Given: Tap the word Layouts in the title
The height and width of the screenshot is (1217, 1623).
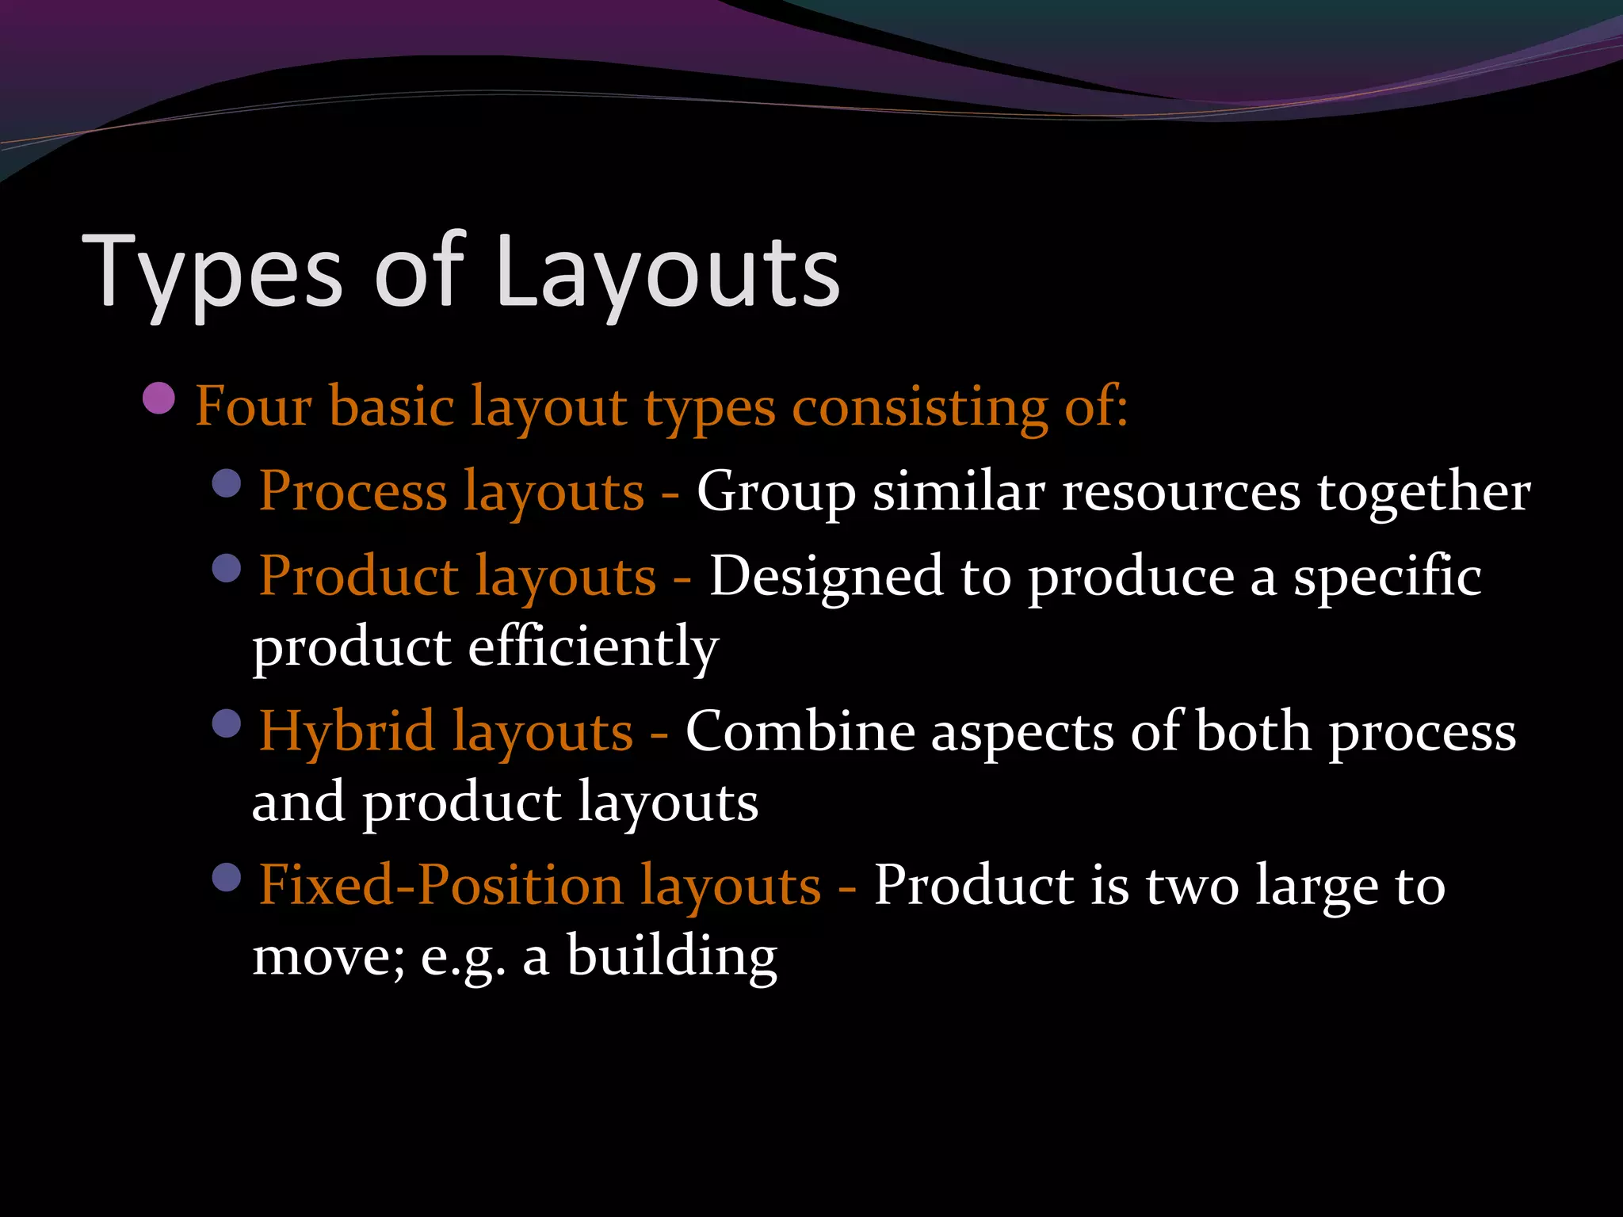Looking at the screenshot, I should coord(667,274).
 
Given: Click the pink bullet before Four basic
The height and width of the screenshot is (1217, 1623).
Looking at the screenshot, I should coord(159,399).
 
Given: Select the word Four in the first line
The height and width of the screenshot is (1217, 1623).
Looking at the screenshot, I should coord(254,406).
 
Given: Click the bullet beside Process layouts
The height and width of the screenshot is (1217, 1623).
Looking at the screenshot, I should coord(227,483).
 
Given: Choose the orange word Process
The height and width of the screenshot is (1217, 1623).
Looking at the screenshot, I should coord(353,491).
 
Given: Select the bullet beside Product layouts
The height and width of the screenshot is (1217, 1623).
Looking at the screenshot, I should coord(227,568).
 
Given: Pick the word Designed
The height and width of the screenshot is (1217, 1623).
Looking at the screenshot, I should coord(826,577).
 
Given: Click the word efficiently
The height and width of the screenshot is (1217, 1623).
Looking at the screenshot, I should coord(593,647).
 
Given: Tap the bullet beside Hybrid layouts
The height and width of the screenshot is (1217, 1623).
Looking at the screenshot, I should coord(227,723).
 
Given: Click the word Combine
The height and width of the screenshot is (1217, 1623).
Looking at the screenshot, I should coord(800,731).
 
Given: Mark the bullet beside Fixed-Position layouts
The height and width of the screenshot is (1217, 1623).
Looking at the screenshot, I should coord(227,878).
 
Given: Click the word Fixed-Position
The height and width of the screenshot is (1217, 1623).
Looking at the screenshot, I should coord(441,885).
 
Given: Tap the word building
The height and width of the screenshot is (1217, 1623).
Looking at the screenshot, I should coord(672,956).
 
